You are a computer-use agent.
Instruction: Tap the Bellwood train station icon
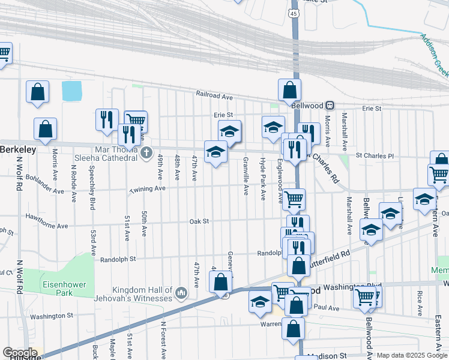pos(330,105)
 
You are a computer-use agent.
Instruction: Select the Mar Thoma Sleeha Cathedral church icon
pos(145,154)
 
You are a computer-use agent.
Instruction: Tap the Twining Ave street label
pos(148,188)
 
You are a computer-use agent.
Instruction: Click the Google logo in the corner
pos(19,353)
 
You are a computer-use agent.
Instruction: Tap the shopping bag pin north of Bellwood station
pos(289,90)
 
